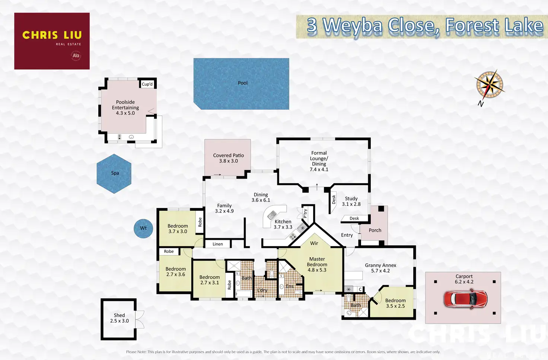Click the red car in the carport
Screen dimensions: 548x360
(x=465, y=299)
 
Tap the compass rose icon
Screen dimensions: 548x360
(x=489, y=85)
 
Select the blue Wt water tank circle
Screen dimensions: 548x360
(x=143, y=228)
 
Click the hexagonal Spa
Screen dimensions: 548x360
(x=114, y=173)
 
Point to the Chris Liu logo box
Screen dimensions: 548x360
(x=52, y=41)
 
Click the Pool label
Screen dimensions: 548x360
(x=242, y=83)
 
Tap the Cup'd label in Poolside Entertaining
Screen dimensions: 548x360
(x=147, y=84)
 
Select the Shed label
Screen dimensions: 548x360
(x=119, y=315)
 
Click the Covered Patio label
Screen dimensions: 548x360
(x=228, y=156)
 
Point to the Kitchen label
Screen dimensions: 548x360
(x=283, y=222)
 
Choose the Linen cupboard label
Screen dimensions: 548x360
(x=218, y=244)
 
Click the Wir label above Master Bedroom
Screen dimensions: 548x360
(x=314, y=243)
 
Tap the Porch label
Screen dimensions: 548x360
(x=375, y=230)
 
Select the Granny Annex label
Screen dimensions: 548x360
(x=380, y=265)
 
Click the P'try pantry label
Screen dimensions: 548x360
(x=305, y=213)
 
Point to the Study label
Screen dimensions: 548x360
(x=351, y=199)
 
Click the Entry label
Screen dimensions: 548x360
(x=347, y=235)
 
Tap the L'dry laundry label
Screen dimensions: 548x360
(x=262, y=290)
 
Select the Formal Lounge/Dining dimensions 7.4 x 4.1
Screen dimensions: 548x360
(x=319, y=169)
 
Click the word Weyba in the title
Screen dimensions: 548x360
(x=353, y=26)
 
